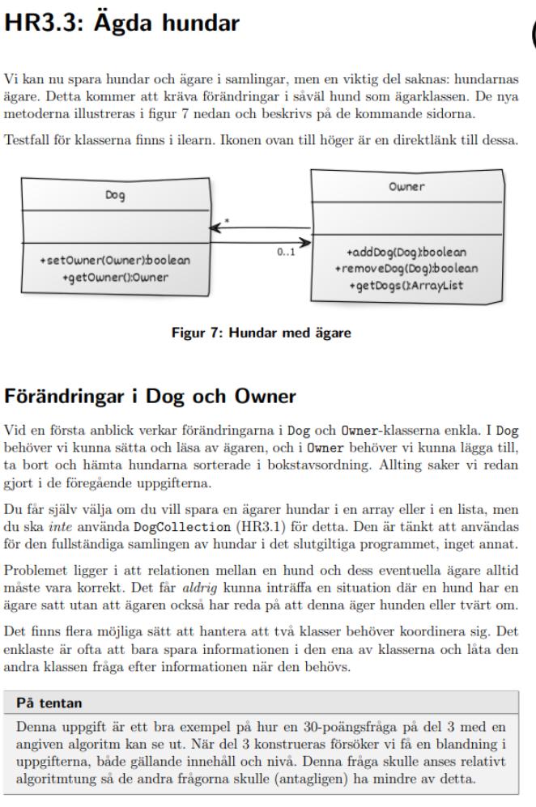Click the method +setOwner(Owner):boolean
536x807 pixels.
pyautogui.click(x=115, y=261)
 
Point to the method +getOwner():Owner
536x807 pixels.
pyautogui.click(x=115, y=277)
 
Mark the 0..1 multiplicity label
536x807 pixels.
pyautogui.click(x=286, y=253)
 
